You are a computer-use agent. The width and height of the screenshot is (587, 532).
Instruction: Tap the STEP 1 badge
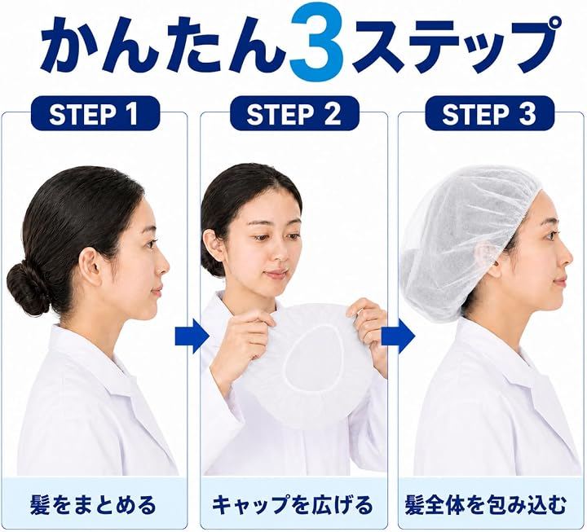(x=95, y=113)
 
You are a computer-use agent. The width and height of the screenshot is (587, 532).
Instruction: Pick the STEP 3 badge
(x=490, y=113)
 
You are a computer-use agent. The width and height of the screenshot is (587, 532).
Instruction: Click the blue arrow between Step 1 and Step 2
(x=192, y=337)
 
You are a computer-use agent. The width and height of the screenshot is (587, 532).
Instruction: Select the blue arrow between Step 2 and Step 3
(x=398, y=337)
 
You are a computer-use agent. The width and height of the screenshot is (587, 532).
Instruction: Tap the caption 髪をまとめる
(x=92, y=505)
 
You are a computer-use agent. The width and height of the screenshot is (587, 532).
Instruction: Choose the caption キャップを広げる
(x=293, y=505)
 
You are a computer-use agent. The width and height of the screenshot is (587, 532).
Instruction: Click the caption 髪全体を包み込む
(x=486, y=505)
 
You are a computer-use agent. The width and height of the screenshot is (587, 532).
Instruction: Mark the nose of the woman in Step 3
(x=567, y=257)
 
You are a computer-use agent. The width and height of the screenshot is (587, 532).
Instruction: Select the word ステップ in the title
(x=454, y=43)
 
